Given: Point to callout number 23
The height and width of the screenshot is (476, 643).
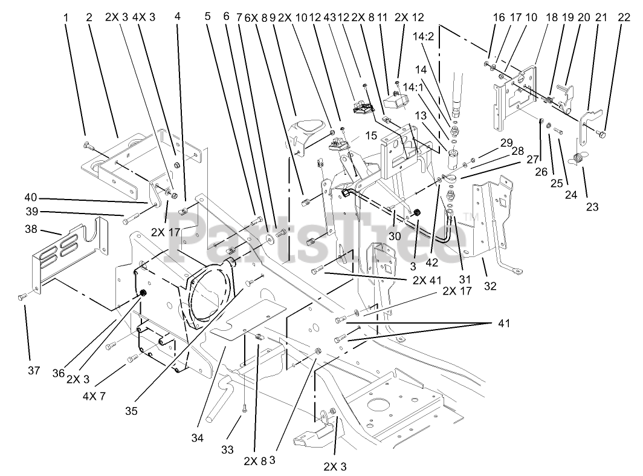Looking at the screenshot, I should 592,206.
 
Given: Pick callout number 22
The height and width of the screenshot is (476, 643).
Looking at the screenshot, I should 624,18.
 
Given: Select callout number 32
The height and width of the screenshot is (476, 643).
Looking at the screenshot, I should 490,285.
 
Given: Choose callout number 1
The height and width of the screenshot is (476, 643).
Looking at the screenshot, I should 66,18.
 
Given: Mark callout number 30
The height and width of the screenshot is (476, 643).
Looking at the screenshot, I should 395,236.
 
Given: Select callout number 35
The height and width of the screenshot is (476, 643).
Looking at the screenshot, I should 131,411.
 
